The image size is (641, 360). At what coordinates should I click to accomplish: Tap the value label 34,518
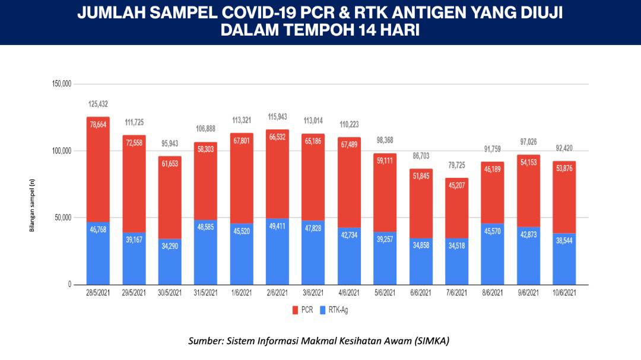pos(457,246)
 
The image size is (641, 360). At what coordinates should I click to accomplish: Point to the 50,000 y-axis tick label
pos(61,218)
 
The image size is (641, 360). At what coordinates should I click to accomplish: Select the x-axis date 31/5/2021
pos(206,293)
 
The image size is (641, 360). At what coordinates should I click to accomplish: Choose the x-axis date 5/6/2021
pos(385,293)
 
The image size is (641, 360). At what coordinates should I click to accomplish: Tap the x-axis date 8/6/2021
pos(493,293)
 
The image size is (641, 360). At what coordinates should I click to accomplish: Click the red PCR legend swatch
pos(295,310)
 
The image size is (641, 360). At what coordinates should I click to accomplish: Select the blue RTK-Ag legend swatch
pos(323,310)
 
